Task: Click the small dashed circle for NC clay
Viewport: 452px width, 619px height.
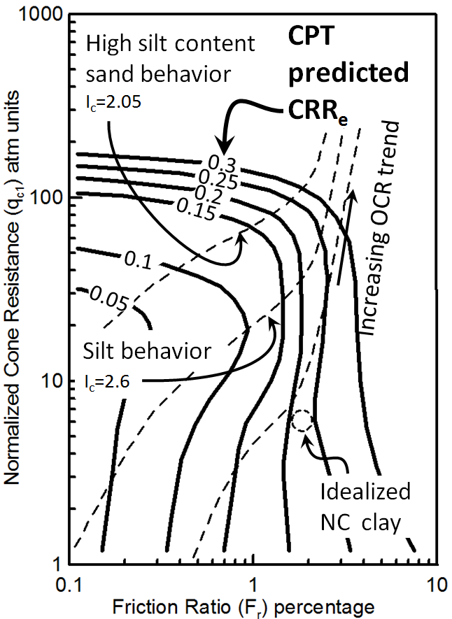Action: coord(302,420)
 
